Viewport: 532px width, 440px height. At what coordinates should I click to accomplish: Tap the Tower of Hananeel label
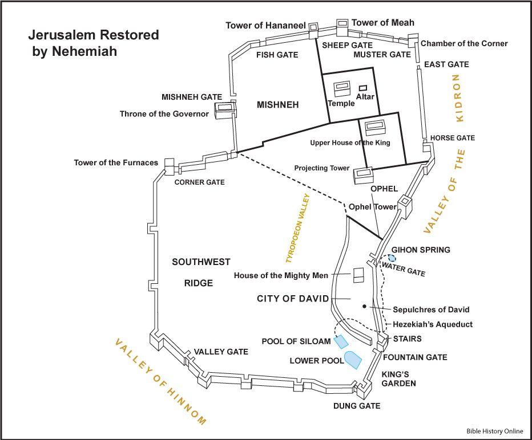click(265, 26)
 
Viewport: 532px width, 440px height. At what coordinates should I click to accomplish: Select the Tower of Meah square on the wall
click(342, 23)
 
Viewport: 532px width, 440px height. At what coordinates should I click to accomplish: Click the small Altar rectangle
click(362, 88)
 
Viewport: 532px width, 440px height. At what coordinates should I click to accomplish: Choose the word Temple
click(341, 104)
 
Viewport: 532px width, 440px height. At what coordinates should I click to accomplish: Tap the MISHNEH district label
click(278, 105)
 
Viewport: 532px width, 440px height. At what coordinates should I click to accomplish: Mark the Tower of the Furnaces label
click(116, 163)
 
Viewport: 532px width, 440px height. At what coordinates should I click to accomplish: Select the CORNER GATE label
click(199, 182)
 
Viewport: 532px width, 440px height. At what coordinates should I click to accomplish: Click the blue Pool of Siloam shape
click(341, 342)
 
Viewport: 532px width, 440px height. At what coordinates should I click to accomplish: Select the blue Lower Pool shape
click(353, 360)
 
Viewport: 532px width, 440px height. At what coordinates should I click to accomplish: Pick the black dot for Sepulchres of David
click(364, 306)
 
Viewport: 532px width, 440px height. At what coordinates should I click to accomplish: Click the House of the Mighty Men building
click(359, 275)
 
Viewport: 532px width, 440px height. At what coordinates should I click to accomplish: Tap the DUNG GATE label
click(357, 406)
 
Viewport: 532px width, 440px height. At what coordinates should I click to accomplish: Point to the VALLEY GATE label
click(221, 352)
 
